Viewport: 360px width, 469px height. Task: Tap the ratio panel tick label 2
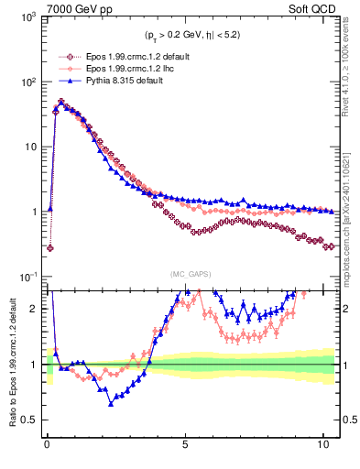click(x=34, y=309)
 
